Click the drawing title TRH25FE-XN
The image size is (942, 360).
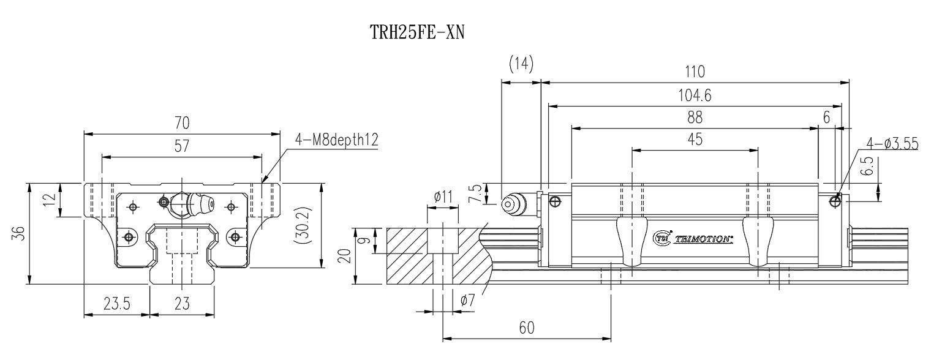[x=417, y=32]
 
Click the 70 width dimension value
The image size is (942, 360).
[x=182, y=123]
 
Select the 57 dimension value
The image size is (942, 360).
[x=182, y=146]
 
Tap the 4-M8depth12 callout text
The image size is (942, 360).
[x=336, y=140]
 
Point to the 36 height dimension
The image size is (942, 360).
[x=20, y=233]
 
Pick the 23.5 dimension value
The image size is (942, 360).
[x=117, y=303]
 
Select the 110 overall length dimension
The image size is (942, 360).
[x=695, y=72]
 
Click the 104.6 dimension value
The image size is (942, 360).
[x=695, y=96]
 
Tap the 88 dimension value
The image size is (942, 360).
[x=695, y=118]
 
